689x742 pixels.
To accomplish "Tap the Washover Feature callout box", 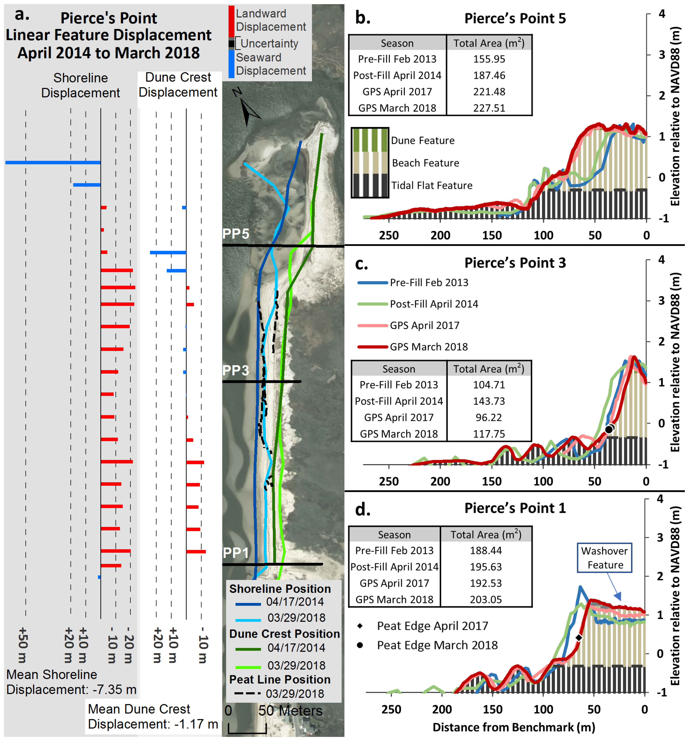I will point(604,558).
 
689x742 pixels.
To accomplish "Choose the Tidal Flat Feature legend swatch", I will point(370,185).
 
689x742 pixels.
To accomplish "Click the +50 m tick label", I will point(22,644).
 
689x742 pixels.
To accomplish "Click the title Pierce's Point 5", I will point(515,18).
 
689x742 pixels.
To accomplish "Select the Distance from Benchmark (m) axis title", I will point(514,727).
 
